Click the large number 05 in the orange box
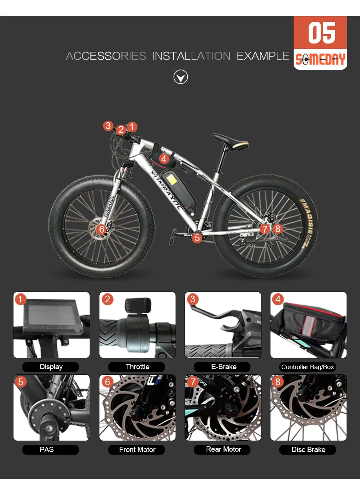[x=321, y=33]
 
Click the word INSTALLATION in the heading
[x=191, y=56]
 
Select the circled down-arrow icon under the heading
[x=181, y=77]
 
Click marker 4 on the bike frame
[x=163, y=159]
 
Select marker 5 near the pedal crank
[x=197, y=237]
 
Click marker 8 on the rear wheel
[x=277, y=228]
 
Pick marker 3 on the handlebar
[x=108, y=126]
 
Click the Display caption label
[x=51, y=367]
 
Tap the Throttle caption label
[x=137, y=367]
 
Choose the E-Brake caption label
[x=223, y=367]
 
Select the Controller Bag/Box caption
[x=307, y=367]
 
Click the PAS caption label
[x=47, y=449]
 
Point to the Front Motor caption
[x=137, y=449]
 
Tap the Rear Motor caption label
[x=223, y=449]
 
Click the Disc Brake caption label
[x=308, y=449]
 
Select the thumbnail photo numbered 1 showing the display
[x=52, y=325]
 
